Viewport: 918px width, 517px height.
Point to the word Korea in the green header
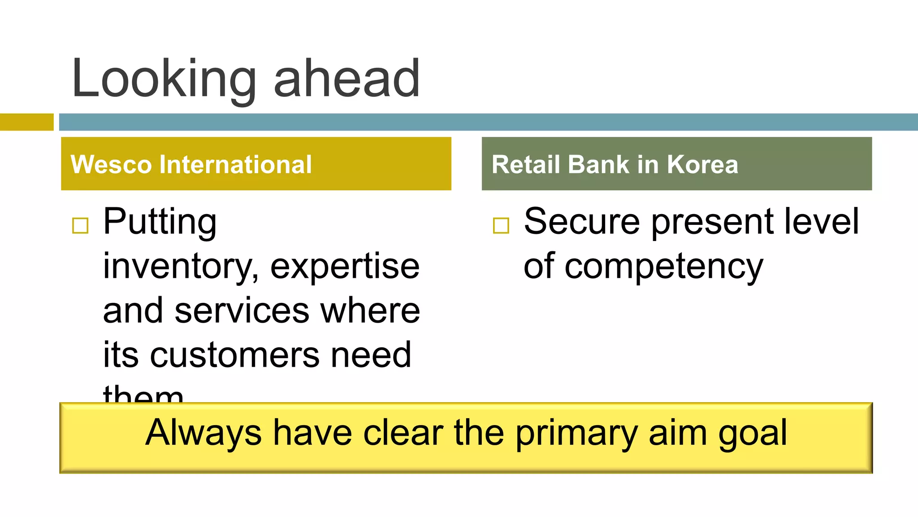[702, 164]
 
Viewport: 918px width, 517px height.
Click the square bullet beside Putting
[80, 225]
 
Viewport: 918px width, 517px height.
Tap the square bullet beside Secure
[501, 225]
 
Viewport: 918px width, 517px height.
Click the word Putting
[160, 222]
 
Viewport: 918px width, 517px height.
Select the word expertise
[345, 267]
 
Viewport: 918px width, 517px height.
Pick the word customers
[234, 355]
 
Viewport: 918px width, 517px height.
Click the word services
[242, 311]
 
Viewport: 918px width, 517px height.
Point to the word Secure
[581, 222]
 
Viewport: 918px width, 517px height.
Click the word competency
[663, 267]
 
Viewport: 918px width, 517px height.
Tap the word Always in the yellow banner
[204, 433]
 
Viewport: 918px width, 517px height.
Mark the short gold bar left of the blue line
[26, 122]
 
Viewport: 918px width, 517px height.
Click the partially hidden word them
[143, 394]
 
